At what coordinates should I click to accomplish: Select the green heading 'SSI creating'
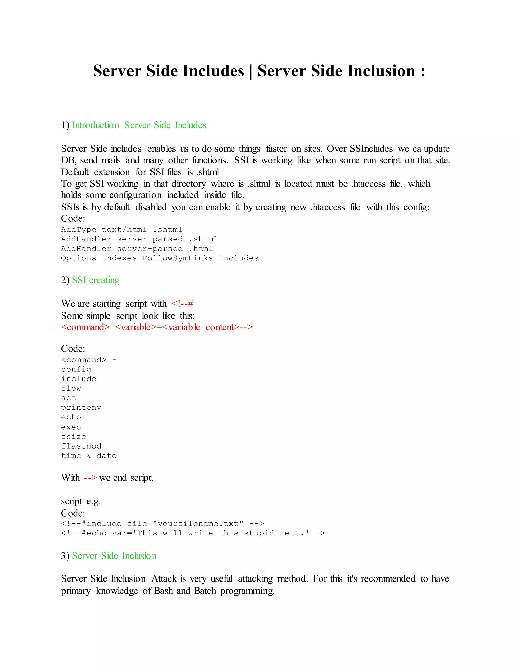pos(95,280)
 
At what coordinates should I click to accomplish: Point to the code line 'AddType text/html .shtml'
pos(121,230)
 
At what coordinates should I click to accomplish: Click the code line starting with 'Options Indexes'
pos(160,258)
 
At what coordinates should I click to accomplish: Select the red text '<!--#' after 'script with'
pos(182,304)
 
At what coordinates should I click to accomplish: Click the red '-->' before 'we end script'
pos(90,478)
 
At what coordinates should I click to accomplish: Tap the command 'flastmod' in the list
pos(81,446)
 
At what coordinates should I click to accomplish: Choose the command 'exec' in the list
pos(71,427)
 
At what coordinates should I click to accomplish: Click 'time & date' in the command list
pos(89,456)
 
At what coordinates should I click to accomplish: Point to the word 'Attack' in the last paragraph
pos(164,578)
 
